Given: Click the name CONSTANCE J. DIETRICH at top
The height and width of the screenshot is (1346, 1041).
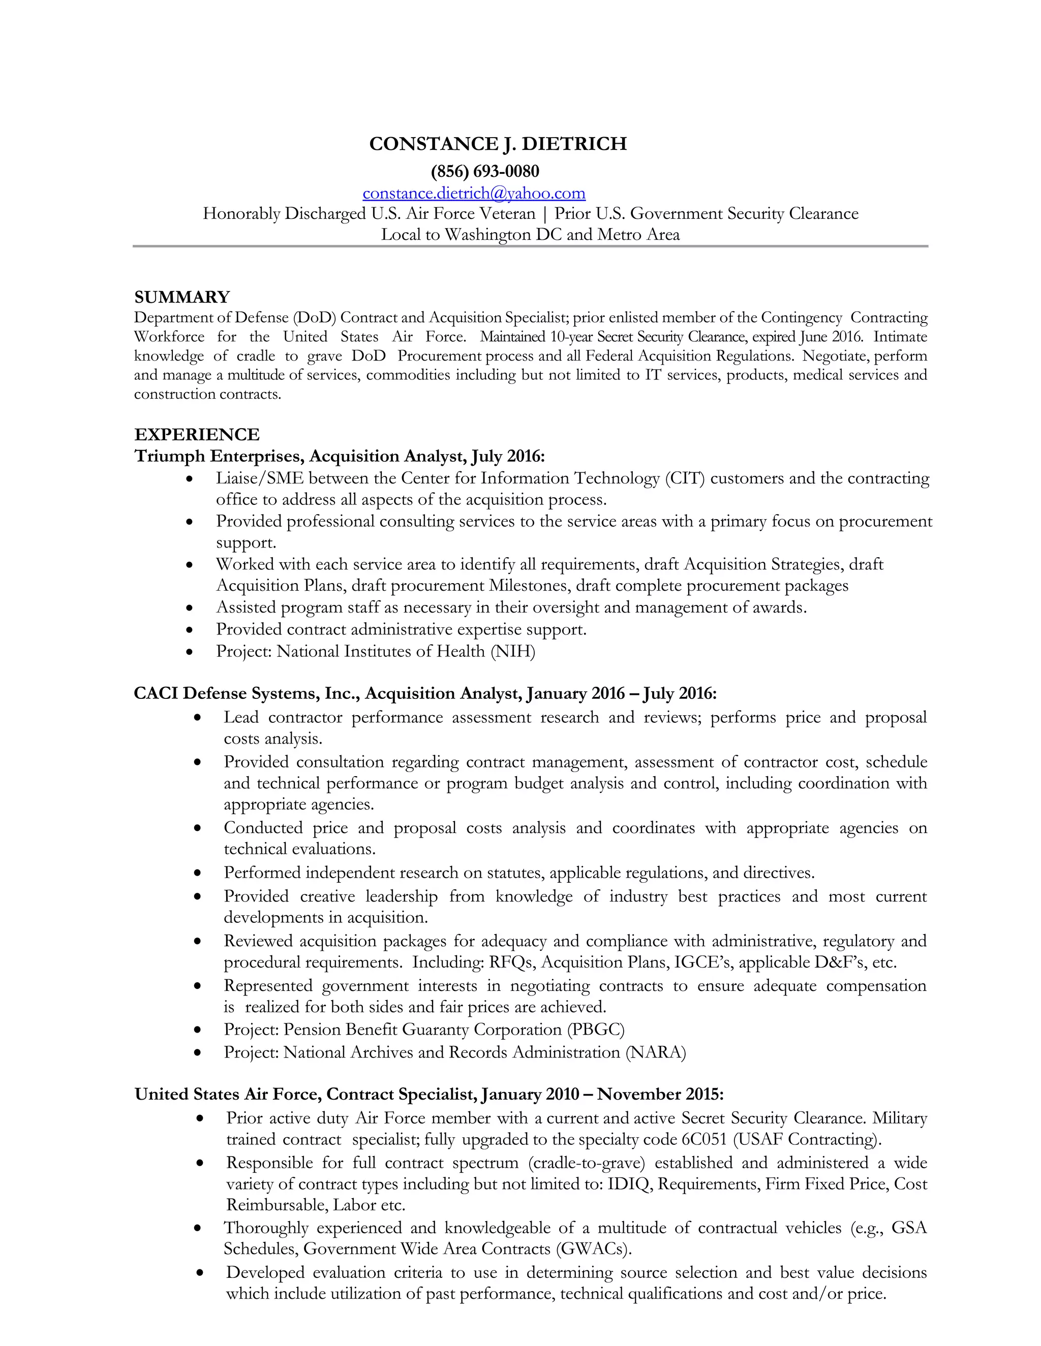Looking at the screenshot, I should coord(498,144).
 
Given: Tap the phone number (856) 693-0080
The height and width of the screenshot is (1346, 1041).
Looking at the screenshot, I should coord(485,171).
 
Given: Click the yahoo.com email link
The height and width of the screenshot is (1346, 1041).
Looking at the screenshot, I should coord(474,194).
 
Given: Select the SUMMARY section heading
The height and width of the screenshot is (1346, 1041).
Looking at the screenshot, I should coord(182,297).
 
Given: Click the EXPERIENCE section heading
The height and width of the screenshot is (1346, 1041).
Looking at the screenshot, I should coord(197,434).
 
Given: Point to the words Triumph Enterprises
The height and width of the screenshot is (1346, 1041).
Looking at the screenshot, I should coord(218,456).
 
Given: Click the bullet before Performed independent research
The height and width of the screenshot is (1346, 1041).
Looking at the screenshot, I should coord(197,873).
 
